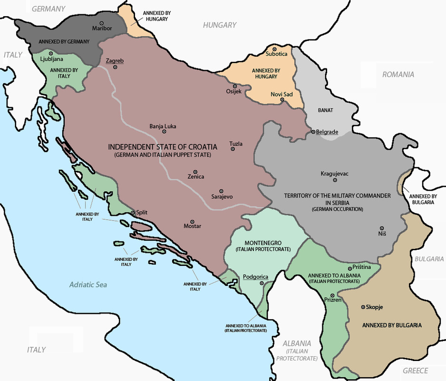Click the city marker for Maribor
[101, 23]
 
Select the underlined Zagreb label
[115, 61]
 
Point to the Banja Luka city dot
[164, 132]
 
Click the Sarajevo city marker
[221, 190]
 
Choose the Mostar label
[192, 226]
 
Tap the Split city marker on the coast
[133, 213]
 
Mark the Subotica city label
[277, 54]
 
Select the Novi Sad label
[281, 94]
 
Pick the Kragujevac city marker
[334, 180]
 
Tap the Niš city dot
[381, 228]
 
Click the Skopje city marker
[364, 307]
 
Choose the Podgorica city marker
[261, 283]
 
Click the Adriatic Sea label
[88, 284]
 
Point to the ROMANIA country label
[398, 74]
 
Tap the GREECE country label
[415, 371]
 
